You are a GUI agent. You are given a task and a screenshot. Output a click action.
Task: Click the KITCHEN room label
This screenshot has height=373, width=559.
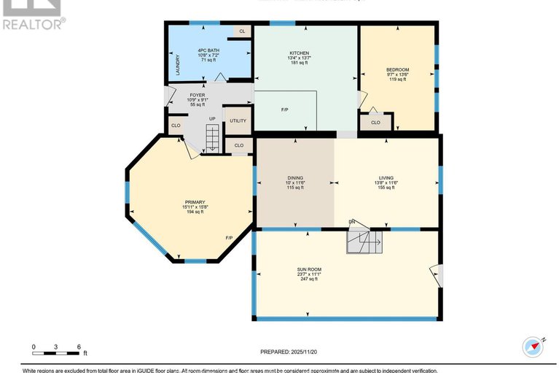pos(300,53)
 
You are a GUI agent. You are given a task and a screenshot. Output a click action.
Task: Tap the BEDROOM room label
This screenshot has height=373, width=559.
pos(397,70)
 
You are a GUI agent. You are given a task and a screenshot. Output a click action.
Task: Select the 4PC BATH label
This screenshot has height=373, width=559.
pos(209,50)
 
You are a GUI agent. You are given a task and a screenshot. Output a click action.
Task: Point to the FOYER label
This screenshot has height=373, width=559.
pos(197,95)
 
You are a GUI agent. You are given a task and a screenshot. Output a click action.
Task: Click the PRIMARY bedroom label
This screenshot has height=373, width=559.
pos(195,202)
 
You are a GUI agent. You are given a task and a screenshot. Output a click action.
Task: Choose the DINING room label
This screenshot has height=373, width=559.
pos(294,177)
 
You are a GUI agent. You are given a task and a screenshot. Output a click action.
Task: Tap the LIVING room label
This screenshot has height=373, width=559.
pos(386,177)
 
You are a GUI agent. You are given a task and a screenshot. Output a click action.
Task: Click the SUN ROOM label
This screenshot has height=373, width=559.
pos(308,269)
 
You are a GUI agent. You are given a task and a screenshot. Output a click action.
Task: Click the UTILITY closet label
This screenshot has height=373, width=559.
pos(238,121)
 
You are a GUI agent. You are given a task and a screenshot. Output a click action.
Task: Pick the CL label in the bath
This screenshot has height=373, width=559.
pos(241,31)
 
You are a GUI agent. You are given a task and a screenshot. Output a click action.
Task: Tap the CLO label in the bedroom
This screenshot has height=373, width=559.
pos(375,122)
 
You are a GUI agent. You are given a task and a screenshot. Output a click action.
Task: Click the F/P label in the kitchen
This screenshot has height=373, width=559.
pos(285,110)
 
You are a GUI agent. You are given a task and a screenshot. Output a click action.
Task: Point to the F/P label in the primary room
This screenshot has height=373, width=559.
pos(229,238)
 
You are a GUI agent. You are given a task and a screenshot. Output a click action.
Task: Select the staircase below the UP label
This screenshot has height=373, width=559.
pos(211,138)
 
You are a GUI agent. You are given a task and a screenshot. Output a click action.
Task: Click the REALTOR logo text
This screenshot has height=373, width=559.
pos(33,24)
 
